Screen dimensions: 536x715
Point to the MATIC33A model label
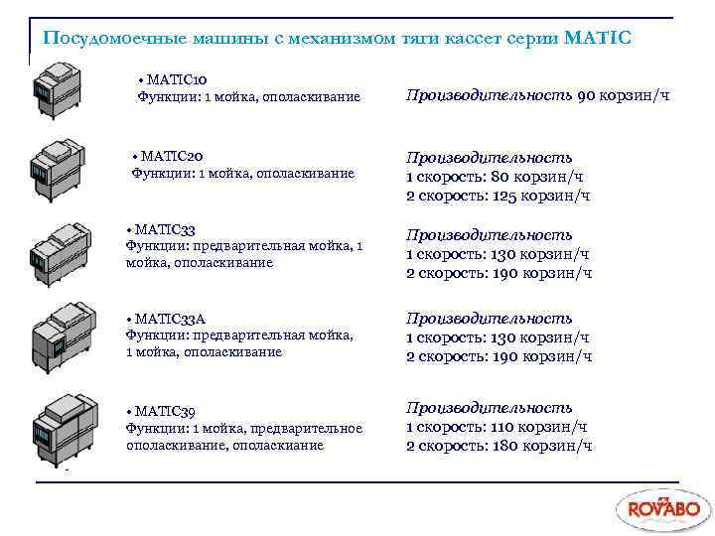pos(171,319)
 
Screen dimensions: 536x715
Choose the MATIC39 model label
pos(167,411)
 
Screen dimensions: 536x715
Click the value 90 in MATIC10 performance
pos(586,96)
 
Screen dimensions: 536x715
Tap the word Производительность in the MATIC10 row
pos(488,96)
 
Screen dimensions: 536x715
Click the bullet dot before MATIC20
pos(136,157)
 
